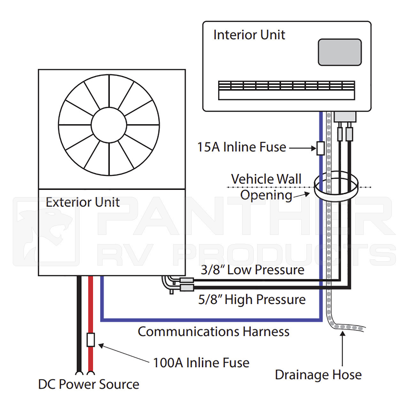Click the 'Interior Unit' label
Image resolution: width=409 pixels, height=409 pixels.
249,35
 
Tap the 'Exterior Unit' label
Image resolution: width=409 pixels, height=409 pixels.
82,202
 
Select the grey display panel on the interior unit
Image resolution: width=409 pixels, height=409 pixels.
340,52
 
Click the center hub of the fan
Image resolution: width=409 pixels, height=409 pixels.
109,125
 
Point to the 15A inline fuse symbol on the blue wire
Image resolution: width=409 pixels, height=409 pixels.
320,148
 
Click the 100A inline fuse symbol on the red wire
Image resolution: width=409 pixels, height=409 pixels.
91,340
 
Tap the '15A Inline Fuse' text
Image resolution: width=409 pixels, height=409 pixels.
242,147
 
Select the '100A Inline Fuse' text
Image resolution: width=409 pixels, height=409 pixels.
201,363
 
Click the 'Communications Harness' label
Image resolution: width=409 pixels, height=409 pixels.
213,332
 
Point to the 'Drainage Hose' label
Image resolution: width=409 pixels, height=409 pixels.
318,375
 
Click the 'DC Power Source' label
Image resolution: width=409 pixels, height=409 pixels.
89,384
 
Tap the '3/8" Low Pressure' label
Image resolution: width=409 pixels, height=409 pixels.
252,270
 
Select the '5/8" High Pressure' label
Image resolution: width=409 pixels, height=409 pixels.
252,300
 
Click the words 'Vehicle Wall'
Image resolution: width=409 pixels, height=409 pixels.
266,179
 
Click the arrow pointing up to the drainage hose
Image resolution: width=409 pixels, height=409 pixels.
343,348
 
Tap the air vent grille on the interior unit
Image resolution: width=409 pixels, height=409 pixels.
286,90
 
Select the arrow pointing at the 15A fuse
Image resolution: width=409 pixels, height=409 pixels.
303,148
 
